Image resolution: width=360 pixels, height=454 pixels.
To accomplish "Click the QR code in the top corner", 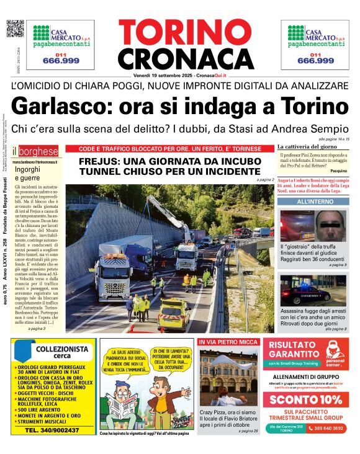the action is coord(15,29).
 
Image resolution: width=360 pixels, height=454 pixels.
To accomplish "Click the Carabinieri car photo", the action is coord(313,290).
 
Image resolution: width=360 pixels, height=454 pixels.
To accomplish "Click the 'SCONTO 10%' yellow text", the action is coord(305,399).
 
